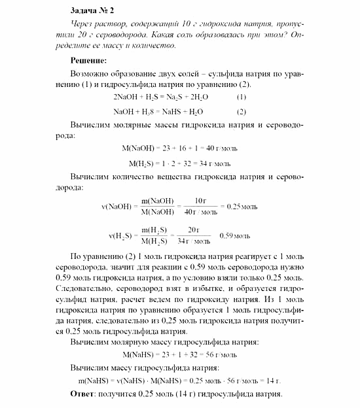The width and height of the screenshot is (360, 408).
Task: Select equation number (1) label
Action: point(242,97)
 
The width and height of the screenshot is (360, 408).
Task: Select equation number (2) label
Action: point(242,111)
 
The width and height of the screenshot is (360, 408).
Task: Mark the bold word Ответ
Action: point(82,394)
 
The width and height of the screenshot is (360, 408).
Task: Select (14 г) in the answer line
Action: point(173,394)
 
